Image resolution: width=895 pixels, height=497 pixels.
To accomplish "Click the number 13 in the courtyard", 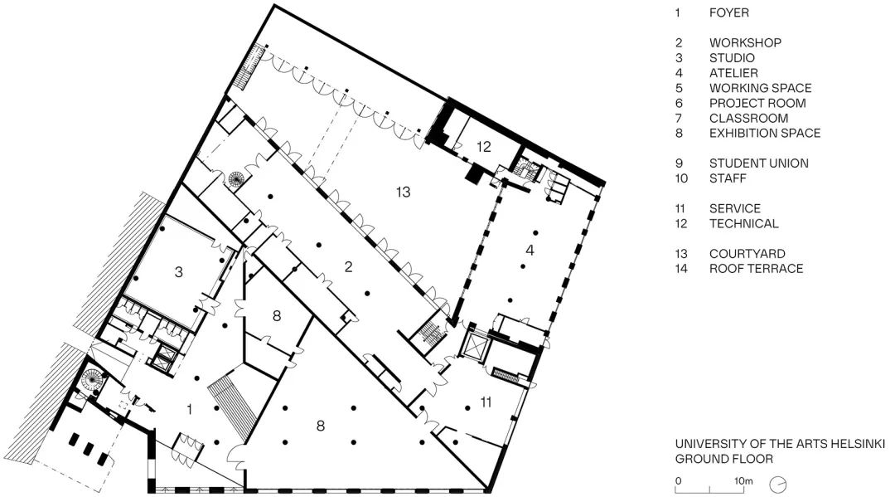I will coord(403,192).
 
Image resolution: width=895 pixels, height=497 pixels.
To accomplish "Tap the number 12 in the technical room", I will coord(483,147).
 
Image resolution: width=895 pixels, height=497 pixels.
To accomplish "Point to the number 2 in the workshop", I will coord(349,266).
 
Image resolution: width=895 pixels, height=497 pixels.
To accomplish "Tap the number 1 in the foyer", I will coord(190,408).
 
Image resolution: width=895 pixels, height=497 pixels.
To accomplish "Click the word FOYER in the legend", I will coord(728,12).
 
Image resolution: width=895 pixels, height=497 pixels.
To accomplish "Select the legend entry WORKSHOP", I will coord(744,42).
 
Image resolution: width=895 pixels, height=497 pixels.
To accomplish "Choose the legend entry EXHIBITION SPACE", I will coord(764,133).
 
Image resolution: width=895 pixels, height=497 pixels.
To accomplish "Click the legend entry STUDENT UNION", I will coord(758,163).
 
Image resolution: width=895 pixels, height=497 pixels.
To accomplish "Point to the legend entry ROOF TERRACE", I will coord(756,269).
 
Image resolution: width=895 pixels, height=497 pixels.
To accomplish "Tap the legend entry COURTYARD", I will coord(747,254).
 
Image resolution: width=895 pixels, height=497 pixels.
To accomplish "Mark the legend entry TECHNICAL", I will coord(743,223).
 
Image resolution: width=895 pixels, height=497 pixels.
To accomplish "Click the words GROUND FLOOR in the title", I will coord(723,459).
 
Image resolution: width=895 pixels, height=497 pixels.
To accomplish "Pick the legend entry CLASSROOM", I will coord(748,118).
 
